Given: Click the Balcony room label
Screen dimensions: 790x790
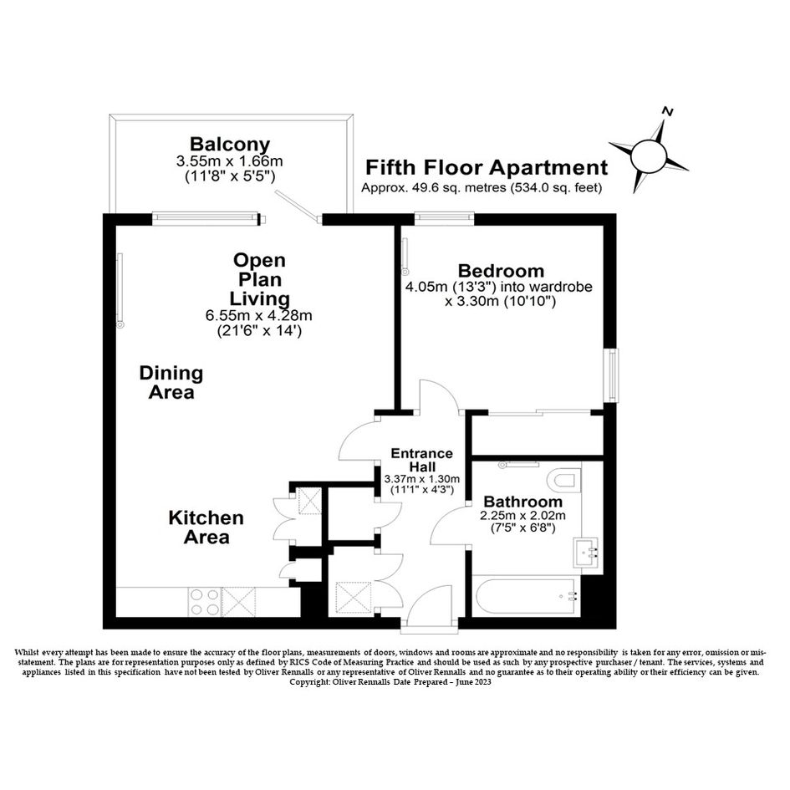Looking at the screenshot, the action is tap(230, 145).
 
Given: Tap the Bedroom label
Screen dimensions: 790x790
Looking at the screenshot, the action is tap(501, 271).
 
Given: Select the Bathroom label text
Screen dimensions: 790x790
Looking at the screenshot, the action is tap(523, 502).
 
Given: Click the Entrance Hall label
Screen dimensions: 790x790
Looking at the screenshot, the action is tap(421, 460).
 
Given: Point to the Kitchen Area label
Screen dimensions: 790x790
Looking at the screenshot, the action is tap(206, 528).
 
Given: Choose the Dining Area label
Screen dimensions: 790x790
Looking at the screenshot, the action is tap(171, 383).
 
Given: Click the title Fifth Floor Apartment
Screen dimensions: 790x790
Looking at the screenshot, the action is tap(487, 167).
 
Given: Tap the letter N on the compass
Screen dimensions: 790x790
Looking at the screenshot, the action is tap(668, 111).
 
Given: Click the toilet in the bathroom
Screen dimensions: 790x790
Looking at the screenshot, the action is tap(566, 480).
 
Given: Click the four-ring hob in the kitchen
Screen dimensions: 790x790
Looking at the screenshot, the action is tap(205, 603).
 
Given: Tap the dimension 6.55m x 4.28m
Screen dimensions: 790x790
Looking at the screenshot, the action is tap(258, 316).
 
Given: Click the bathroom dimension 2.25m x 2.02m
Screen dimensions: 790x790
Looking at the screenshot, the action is tap(523, 516).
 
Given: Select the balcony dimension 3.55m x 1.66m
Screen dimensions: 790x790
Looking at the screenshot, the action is tap(229, 161).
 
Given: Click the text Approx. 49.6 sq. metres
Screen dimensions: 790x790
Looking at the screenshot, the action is tap(434, 188).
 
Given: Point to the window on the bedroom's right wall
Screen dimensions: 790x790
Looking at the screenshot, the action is tap(612, 375).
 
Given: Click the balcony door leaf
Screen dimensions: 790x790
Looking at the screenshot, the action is tap(298, 206).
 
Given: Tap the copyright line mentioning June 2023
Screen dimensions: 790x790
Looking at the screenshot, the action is tap(390, 682).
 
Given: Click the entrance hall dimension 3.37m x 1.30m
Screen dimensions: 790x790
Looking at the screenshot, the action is tap(421, 479).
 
